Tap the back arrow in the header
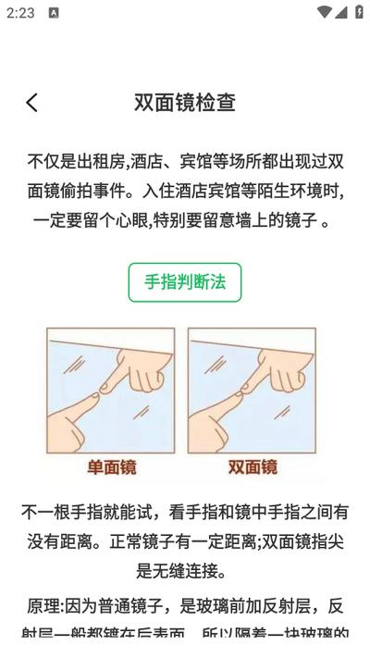pos(32,103)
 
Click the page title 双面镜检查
pos(185,103)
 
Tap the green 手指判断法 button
pos(185,282)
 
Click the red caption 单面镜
pos(112,467)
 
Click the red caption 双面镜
pos(253,467)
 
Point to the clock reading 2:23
pos(20,13)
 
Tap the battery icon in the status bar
pos(359,13)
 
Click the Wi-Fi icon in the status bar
pos(324,13)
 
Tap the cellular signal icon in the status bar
pos(340,13)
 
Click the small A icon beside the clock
pos(54,13)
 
